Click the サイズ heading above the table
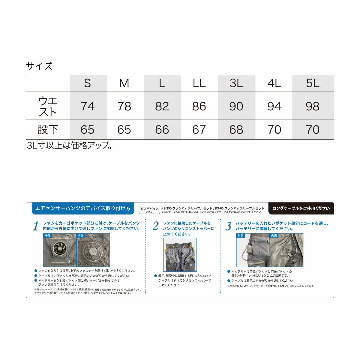39,66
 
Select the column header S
87,83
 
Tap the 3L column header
236,83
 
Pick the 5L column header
313,83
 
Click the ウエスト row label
48,106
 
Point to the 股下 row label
48,130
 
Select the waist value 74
87,106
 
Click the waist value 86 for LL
199,106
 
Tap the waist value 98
313,106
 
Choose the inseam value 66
162,130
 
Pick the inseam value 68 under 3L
236,130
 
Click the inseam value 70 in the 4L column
274,130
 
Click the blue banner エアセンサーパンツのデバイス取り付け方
82,208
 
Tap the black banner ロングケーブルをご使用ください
301,208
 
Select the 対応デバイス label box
149,209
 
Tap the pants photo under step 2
180,255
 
